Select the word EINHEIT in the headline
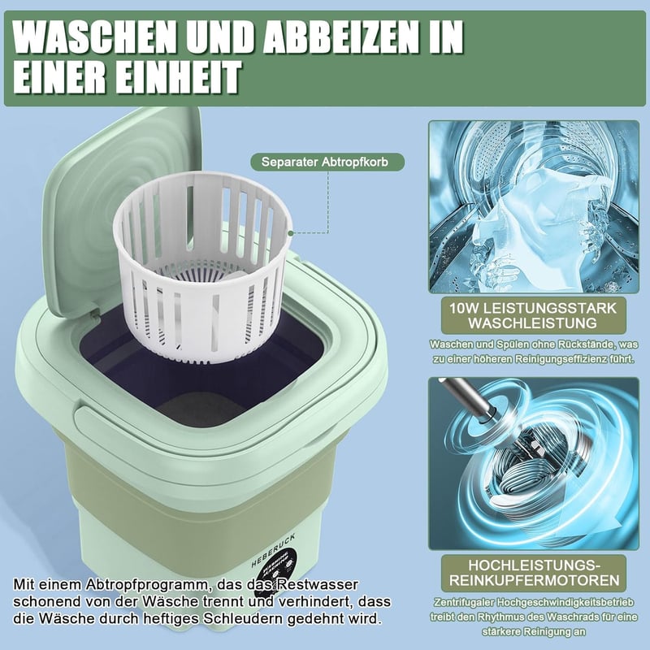[x=178, y=76]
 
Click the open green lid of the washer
[x=120, y=207]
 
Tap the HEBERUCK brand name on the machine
[x=273, y=551]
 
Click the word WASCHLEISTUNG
[x=533, y=323]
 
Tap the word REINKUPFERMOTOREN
[x=534, y=580]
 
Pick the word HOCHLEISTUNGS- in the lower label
[x=535, y=565]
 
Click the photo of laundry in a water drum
[x=534, y=206]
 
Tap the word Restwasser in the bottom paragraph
[x=317, y=584]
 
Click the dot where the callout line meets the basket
[x=290, y=233]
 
